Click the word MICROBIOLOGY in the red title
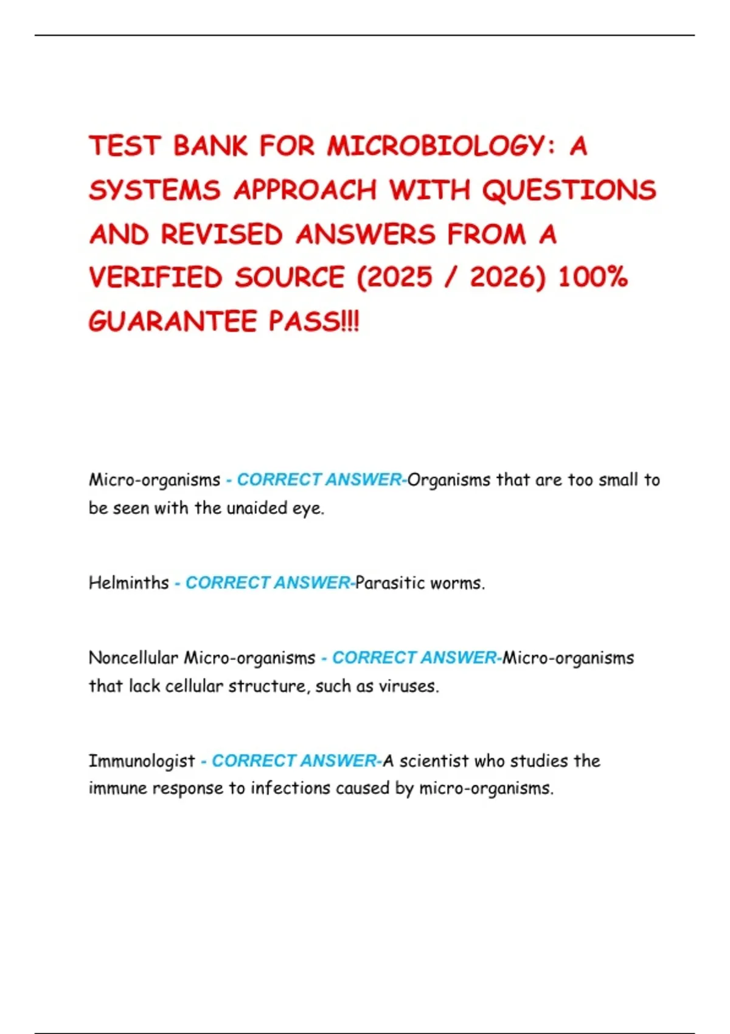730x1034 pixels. (x=436, y=147)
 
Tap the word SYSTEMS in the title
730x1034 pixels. (x=155, y=190)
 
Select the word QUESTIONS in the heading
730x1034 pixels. (x=569, y=190)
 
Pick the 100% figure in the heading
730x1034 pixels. (x=593, y=278)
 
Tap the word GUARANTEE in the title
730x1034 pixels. (x=173, y=322)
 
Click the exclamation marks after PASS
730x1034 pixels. (x=351, y=322)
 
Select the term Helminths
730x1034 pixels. (x=129, y=583)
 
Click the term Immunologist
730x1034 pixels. (x=142, y=761)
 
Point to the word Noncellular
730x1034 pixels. (x=133, y=658)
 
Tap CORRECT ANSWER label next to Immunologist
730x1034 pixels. (x=294, y=761)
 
